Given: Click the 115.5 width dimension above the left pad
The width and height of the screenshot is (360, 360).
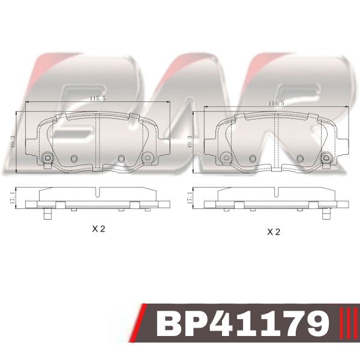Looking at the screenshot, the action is (x=98, y=99).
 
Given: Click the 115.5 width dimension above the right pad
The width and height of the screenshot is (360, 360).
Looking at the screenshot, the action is (x=276, y=103).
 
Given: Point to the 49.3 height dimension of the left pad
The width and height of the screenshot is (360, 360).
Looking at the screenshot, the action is (x=13, y=142).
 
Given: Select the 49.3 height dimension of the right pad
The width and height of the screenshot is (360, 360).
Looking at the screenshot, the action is (x=190, y=142).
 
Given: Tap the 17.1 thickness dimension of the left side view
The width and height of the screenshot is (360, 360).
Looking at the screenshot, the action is (x=13, y=198).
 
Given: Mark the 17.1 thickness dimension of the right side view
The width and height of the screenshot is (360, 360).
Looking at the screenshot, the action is (x=190, y=198).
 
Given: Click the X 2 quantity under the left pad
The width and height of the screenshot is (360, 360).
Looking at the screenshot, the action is (x=98, y=229).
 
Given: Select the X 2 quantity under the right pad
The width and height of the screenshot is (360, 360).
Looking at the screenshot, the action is (x=274, y=232).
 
